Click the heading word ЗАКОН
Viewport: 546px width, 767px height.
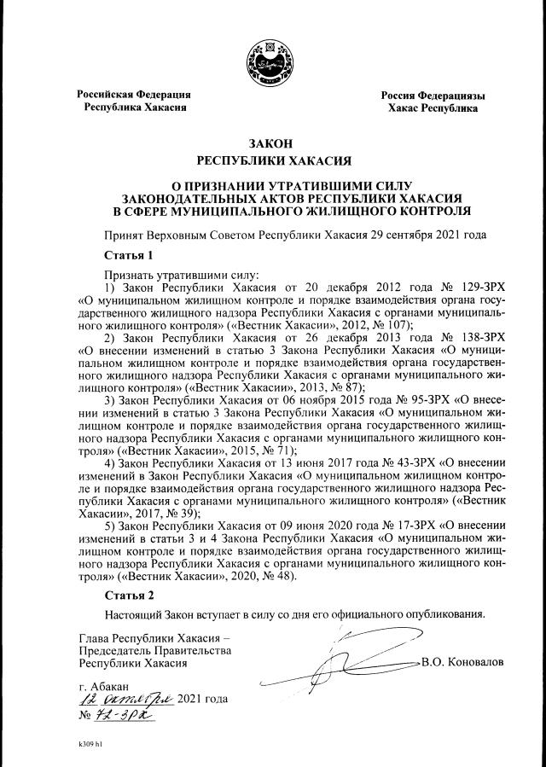click(272, 142)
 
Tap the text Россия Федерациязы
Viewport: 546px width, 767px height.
click(433, 96)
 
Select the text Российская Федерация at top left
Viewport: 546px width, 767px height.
click(133, 95)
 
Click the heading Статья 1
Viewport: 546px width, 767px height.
click(128, 255)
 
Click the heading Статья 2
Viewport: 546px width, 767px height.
click(128, 595)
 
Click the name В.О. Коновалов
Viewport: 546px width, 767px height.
click(462, 661)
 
